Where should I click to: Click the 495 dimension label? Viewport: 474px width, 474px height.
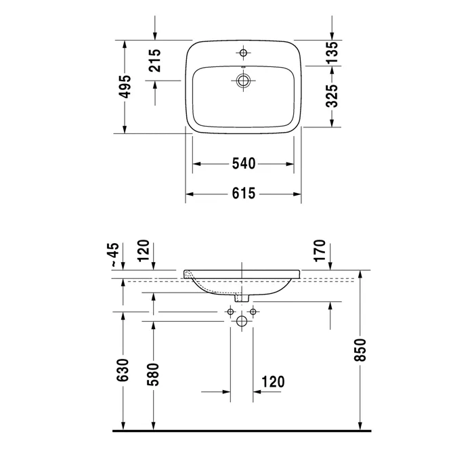[125, 87]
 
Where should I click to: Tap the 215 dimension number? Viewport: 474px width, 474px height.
[155, 60]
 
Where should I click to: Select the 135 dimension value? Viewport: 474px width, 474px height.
[332, 52]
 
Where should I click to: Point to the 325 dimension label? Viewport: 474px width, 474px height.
[332, 96]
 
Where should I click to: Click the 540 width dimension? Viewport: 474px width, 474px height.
[244, 164]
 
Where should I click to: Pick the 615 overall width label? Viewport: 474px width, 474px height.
[244, 194]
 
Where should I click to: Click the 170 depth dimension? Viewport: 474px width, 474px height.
[320, 251]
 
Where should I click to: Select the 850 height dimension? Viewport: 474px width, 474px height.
[360, 350]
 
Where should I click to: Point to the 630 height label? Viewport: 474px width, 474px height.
[123, 370]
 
